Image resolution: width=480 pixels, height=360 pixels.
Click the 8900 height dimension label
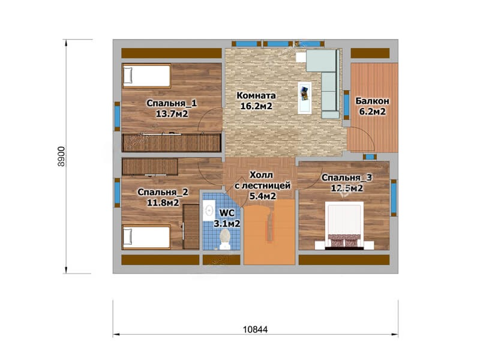61,156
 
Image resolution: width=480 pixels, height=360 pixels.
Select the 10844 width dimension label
256,329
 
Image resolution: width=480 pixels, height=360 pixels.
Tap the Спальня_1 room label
172,103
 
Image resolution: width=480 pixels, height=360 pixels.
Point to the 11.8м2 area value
163,203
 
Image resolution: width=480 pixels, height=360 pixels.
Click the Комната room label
256,95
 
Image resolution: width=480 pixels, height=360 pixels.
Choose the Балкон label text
372,101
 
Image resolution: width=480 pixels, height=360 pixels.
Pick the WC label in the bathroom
227,213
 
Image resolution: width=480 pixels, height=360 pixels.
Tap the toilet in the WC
225,239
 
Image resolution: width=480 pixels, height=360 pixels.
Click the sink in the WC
208,210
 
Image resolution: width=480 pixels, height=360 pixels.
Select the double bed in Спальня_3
344,226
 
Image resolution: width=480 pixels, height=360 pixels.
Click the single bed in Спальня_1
146,76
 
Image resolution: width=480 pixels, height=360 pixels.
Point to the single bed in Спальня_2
146,237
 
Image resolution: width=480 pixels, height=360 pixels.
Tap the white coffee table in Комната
305,98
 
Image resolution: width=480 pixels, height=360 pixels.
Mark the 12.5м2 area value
347,188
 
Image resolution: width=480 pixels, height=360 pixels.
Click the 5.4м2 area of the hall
263,196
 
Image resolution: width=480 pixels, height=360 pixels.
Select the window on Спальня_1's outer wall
117,116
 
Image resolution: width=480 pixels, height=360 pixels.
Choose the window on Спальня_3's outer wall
394,198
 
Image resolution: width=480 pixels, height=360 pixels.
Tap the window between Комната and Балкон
347,104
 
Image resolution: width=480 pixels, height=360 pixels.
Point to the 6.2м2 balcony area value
372,112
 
